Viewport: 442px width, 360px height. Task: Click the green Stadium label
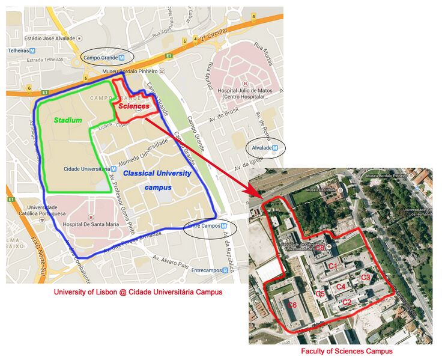(67, 120)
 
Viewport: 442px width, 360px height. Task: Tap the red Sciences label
(133, 106)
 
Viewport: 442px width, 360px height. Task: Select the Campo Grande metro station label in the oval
(104, 58)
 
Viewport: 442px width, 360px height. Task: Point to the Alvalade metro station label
(264, 147)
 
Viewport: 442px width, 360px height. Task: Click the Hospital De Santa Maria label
(91, 225)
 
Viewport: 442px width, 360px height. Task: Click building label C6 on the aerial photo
(292, 305)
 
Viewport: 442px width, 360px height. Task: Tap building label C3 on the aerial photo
(366, 277)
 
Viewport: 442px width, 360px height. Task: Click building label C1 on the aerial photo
(333, 266)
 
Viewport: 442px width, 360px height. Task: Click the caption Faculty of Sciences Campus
(347, 351)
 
